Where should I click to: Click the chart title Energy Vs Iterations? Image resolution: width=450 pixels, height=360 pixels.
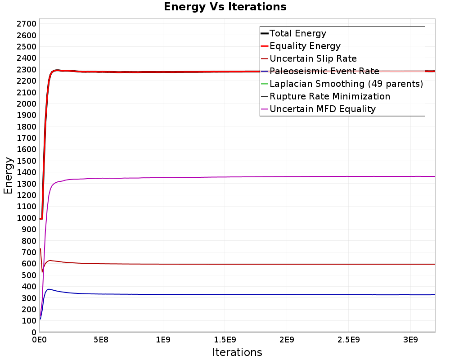(225, 7)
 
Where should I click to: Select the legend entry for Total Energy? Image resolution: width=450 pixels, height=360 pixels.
(297, 33)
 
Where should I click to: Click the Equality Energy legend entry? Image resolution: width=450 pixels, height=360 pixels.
(305, 46)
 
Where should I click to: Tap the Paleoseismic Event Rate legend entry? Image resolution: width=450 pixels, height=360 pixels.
(324, 71)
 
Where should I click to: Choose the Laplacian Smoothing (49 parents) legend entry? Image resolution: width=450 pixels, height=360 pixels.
(346, 84)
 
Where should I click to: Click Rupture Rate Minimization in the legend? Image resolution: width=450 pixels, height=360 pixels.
(329, 96)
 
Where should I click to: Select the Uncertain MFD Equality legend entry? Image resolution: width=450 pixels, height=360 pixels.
(322, 109)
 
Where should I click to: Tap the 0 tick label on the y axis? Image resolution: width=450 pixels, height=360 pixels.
(33, 332)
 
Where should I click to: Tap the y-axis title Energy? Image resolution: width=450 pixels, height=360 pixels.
(8, 175)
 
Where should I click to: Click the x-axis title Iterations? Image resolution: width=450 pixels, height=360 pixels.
(237, 352)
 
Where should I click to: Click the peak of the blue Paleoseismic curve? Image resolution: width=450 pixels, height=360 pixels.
(49, 289)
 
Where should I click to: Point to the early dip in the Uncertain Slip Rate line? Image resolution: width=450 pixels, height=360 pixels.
(42, 272)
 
